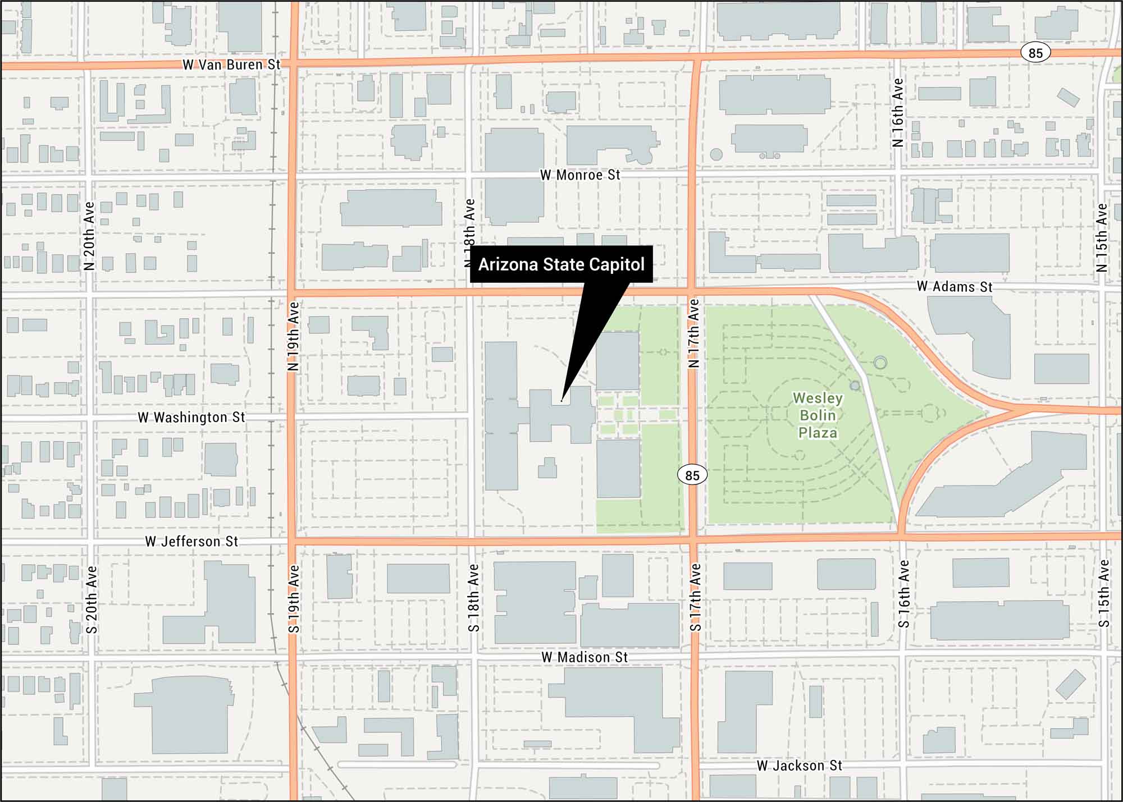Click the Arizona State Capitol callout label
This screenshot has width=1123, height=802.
pyautogui.click(x=561, y=264)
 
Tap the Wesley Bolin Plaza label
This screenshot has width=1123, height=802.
pyautogui.click(x=818, y=415)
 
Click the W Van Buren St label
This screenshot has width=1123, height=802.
pyautogui.click(x=231, y=65)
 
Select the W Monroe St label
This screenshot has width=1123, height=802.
pyautogui.click(x=580, y=175)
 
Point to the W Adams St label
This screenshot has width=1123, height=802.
pyautogui.click(x=954, y=287)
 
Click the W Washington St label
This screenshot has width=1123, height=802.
pyautogui.click(x=191, y=418)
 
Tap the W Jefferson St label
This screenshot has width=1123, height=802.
pyautogui.click(x=191, y=542)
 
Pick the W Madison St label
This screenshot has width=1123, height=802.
pyautogui.click(x=584, y=657)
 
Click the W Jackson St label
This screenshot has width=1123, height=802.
pyautogui.click(x=799, y=766)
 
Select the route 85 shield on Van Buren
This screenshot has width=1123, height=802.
pyautogui.click(x=1035, y=53)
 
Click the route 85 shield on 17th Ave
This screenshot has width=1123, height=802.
pyautogui.click(x=692, y=475)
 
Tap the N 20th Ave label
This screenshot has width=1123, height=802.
pyautogui.click(x=89, y=236)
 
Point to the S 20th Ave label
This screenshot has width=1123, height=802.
pyautogui.click(x=92, y=599)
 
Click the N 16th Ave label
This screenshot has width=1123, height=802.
pyautogui.click(x=898, y=113)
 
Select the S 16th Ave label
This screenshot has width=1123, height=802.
pyautogui.click(x=903, y=594)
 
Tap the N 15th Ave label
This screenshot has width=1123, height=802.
pyautogui.click(x=1102, y=237)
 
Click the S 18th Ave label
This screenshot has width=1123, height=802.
pyautogui.click(x=474, y=598)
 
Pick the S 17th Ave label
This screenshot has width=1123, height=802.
pyautogui.click(x=695, y=597)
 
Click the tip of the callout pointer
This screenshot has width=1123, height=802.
pyautogui.click(x=561, y=401)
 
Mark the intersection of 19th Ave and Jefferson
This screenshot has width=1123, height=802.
pyautogui.click(x=293, y=541)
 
